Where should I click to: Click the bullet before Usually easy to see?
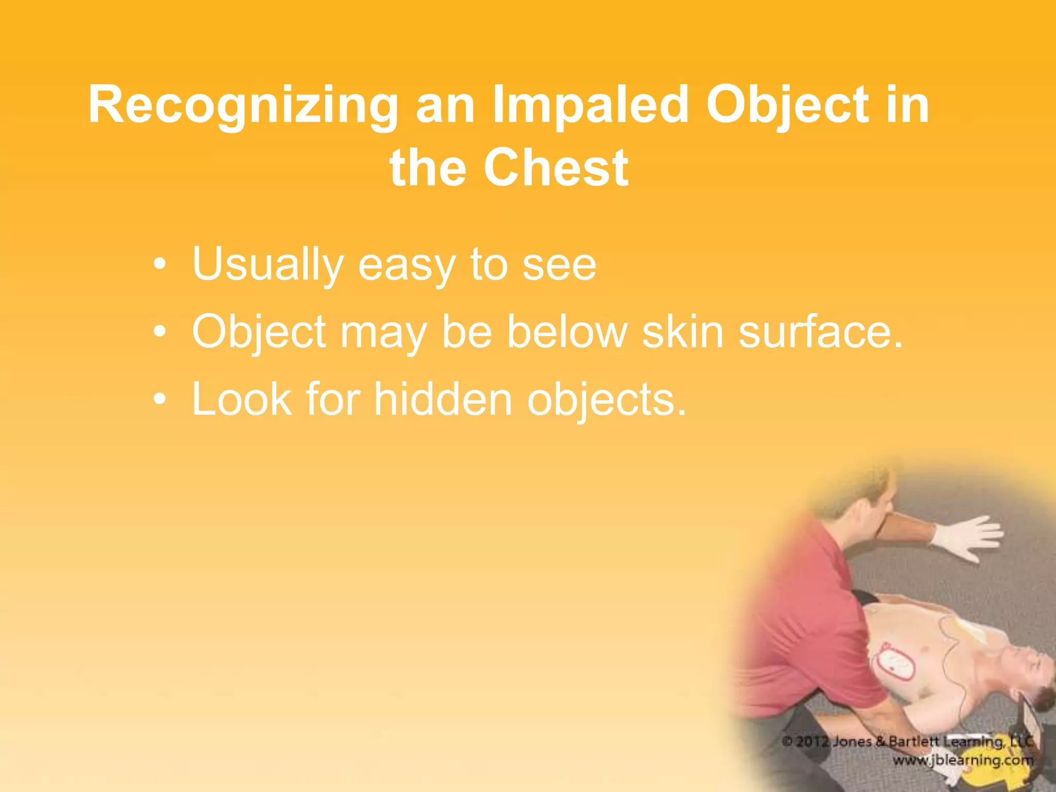point(160,265)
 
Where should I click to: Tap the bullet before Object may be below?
point(160,332)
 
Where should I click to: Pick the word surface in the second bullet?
point(820,332)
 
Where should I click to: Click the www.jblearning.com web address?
point(963,760)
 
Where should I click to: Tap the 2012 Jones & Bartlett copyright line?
point(907,741)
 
